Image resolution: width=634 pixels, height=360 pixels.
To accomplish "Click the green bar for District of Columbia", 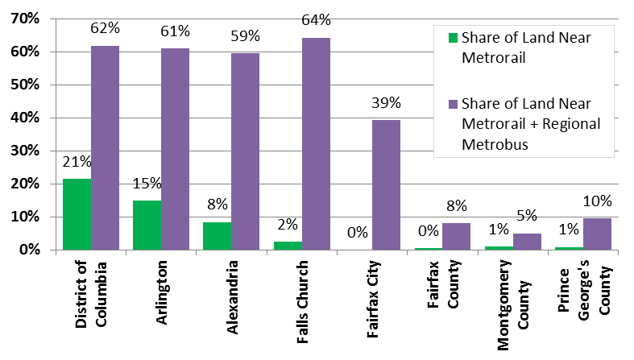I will coord(77,214).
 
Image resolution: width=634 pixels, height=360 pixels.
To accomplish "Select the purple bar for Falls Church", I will coord(316,144).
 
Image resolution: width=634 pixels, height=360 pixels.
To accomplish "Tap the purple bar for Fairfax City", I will coord(386,185).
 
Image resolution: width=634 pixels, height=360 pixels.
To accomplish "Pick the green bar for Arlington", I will coord(147,225).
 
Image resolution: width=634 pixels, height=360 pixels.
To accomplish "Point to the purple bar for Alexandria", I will coord(246,151).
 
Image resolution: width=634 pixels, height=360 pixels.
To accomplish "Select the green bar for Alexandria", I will coord(218,236).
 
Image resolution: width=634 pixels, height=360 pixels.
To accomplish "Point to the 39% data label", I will coord(385,103).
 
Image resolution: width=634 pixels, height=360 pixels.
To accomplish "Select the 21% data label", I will coord(77,162).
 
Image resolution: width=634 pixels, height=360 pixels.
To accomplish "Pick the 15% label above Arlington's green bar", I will coord(147,184).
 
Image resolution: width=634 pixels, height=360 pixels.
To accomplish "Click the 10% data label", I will coord(597,201).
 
